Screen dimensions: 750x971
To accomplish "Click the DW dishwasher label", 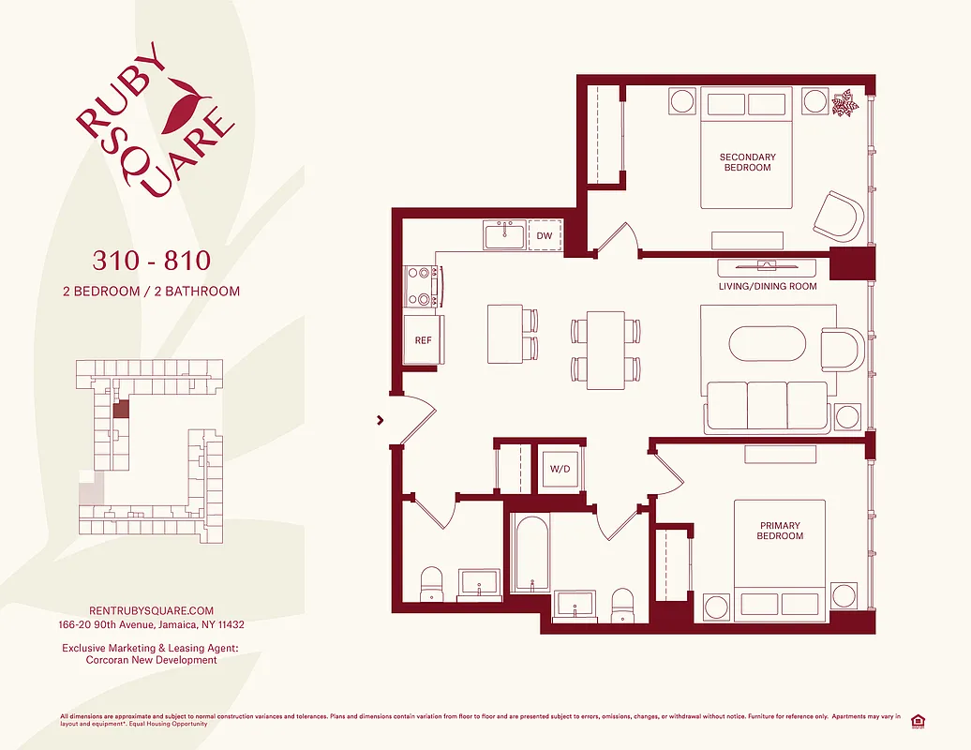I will (x=544, y=236).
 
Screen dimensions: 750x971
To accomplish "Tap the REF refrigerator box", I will (x=424, y=340).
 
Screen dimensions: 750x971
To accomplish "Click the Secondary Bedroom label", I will (x=747, y=162).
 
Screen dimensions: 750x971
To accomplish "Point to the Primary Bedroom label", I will (x=780, y=531).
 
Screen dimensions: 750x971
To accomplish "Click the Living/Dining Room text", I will (x=768, y=286).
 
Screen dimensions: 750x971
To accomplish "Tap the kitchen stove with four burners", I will (x=423, y=287).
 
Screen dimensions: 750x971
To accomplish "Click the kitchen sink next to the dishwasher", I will (x=505, y=234).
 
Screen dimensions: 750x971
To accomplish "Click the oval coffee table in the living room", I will (x=767, y=342).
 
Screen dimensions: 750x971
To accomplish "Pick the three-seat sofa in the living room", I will (x=768, y=406).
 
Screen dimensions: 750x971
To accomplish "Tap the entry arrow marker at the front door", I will (x=381, y=420).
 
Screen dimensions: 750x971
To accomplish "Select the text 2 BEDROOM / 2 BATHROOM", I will (x=151, y=291).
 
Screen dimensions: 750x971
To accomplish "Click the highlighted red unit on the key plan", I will (x=121, y=410).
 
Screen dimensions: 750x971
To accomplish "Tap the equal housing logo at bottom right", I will (x=917, y=721).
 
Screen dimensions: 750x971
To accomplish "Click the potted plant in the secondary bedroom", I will (x=846, y=102).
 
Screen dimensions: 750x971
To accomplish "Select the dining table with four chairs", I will (x=605, y=350).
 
